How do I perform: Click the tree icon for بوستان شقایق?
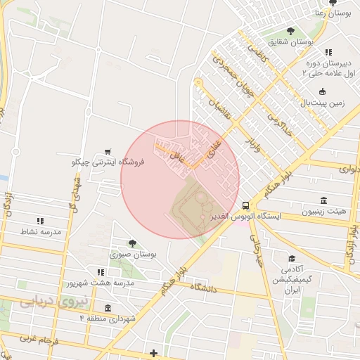coord(290,30)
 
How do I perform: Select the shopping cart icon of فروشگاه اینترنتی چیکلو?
coord(108,151)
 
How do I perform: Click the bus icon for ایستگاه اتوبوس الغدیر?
coord(245,205)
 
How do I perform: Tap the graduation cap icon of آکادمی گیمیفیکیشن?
coord(291,259)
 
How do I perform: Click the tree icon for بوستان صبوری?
coord(132,243)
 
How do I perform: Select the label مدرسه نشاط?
coord(41,231)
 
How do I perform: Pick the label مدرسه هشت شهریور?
coord(101,283)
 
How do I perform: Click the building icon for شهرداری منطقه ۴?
coord(107,308)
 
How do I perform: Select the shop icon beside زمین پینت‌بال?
coord(322,91)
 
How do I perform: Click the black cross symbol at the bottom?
coord(154,352)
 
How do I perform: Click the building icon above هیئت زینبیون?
coord(323,200)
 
